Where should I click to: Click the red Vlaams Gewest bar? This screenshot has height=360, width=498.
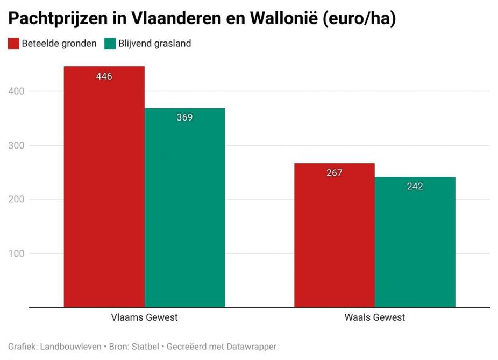click(104, 188)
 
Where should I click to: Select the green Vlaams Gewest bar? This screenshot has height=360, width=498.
click(184, 210)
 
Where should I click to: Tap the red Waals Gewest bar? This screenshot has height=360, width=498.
click(334, 237)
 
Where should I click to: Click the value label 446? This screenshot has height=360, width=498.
click(104, 76)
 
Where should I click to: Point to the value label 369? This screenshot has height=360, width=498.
click(184, 117)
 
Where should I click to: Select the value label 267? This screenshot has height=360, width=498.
click(334, 173)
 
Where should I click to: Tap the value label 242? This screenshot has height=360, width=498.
click(415, 187)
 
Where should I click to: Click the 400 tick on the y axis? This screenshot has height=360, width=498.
click(17, 91)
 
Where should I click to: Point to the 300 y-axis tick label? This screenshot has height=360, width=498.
click(17, 145)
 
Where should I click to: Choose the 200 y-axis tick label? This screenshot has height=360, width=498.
click(17, 200)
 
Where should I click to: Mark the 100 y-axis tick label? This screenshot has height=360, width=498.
click(17, 253)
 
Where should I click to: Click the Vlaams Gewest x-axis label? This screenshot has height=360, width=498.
click(144, 317)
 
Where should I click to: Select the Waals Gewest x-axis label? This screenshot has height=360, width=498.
click(374, 317)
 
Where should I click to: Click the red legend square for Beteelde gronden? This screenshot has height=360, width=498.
click(13, 44)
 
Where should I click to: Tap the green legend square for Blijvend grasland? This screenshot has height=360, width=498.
click(110, 44)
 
